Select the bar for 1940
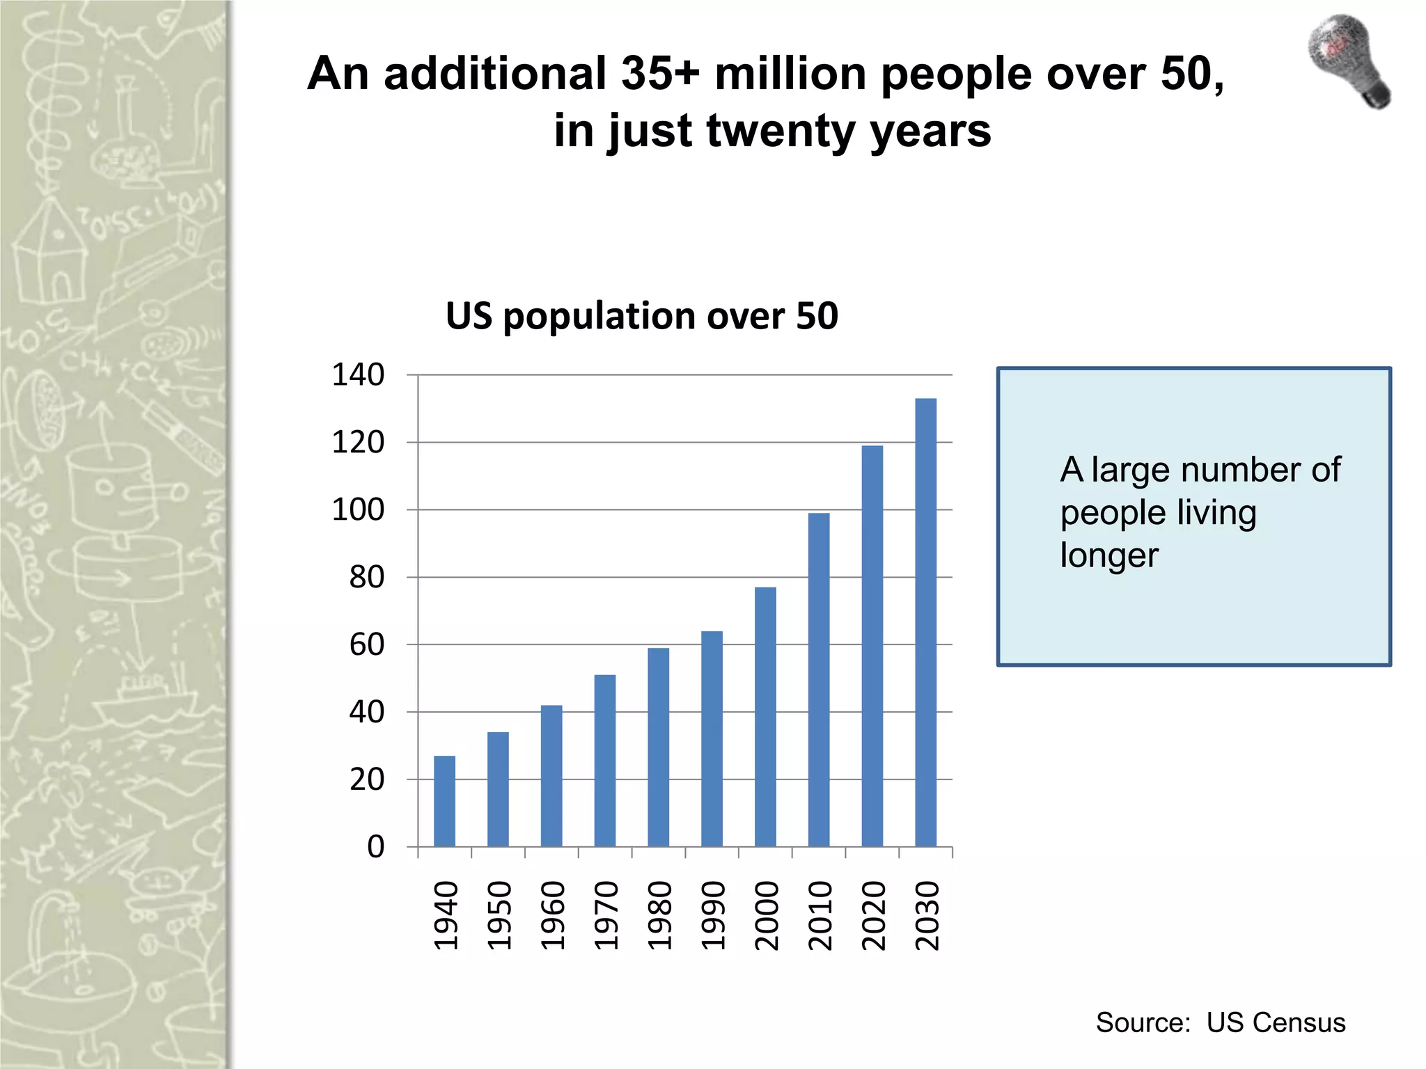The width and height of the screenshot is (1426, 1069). click(x=444, y=801)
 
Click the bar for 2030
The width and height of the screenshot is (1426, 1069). click(x=925, y=622)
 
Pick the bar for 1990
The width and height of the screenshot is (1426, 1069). click(x=712, y=738)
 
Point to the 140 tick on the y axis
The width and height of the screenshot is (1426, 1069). click(x=358, y=375)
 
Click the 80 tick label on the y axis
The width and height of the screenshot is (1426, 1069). click(x=366, y=578)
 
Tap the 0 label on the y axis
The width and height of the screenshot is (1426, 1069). click(x=375, y=847)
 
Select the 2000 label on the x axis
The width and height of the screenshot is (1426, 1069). click(x=766, y=915)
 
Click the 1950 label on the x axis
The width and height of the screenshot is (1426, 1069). click(x=499, y=915)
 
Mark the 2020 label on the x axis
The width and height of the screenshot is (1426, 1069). click(x=873, y=915)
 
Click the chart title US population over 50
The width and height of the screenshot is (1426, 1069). click(x=641, y=316)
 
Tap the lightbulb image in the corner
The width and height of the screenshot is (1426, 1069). click(x=1349, y=61)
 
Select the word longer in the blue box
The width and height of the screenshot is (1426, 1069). click(x=1108, y=555)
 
